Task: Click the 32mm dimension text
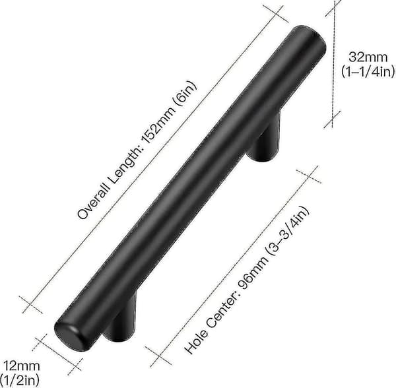(x=368, y=57)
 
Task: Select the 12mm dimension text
(x=21, y=366)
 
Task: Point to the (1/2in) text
(x=20, y=380)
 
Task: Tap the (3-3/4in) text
(x=288, y=230)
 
